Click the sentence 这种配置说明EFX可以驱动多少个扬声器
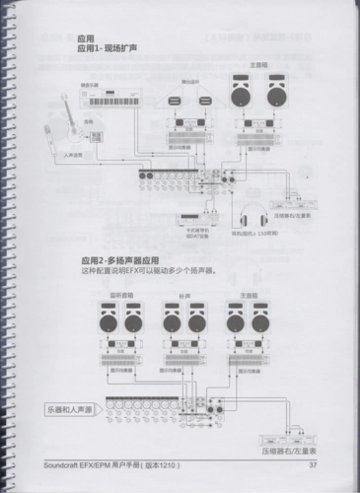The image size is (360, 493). (148, 269)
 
